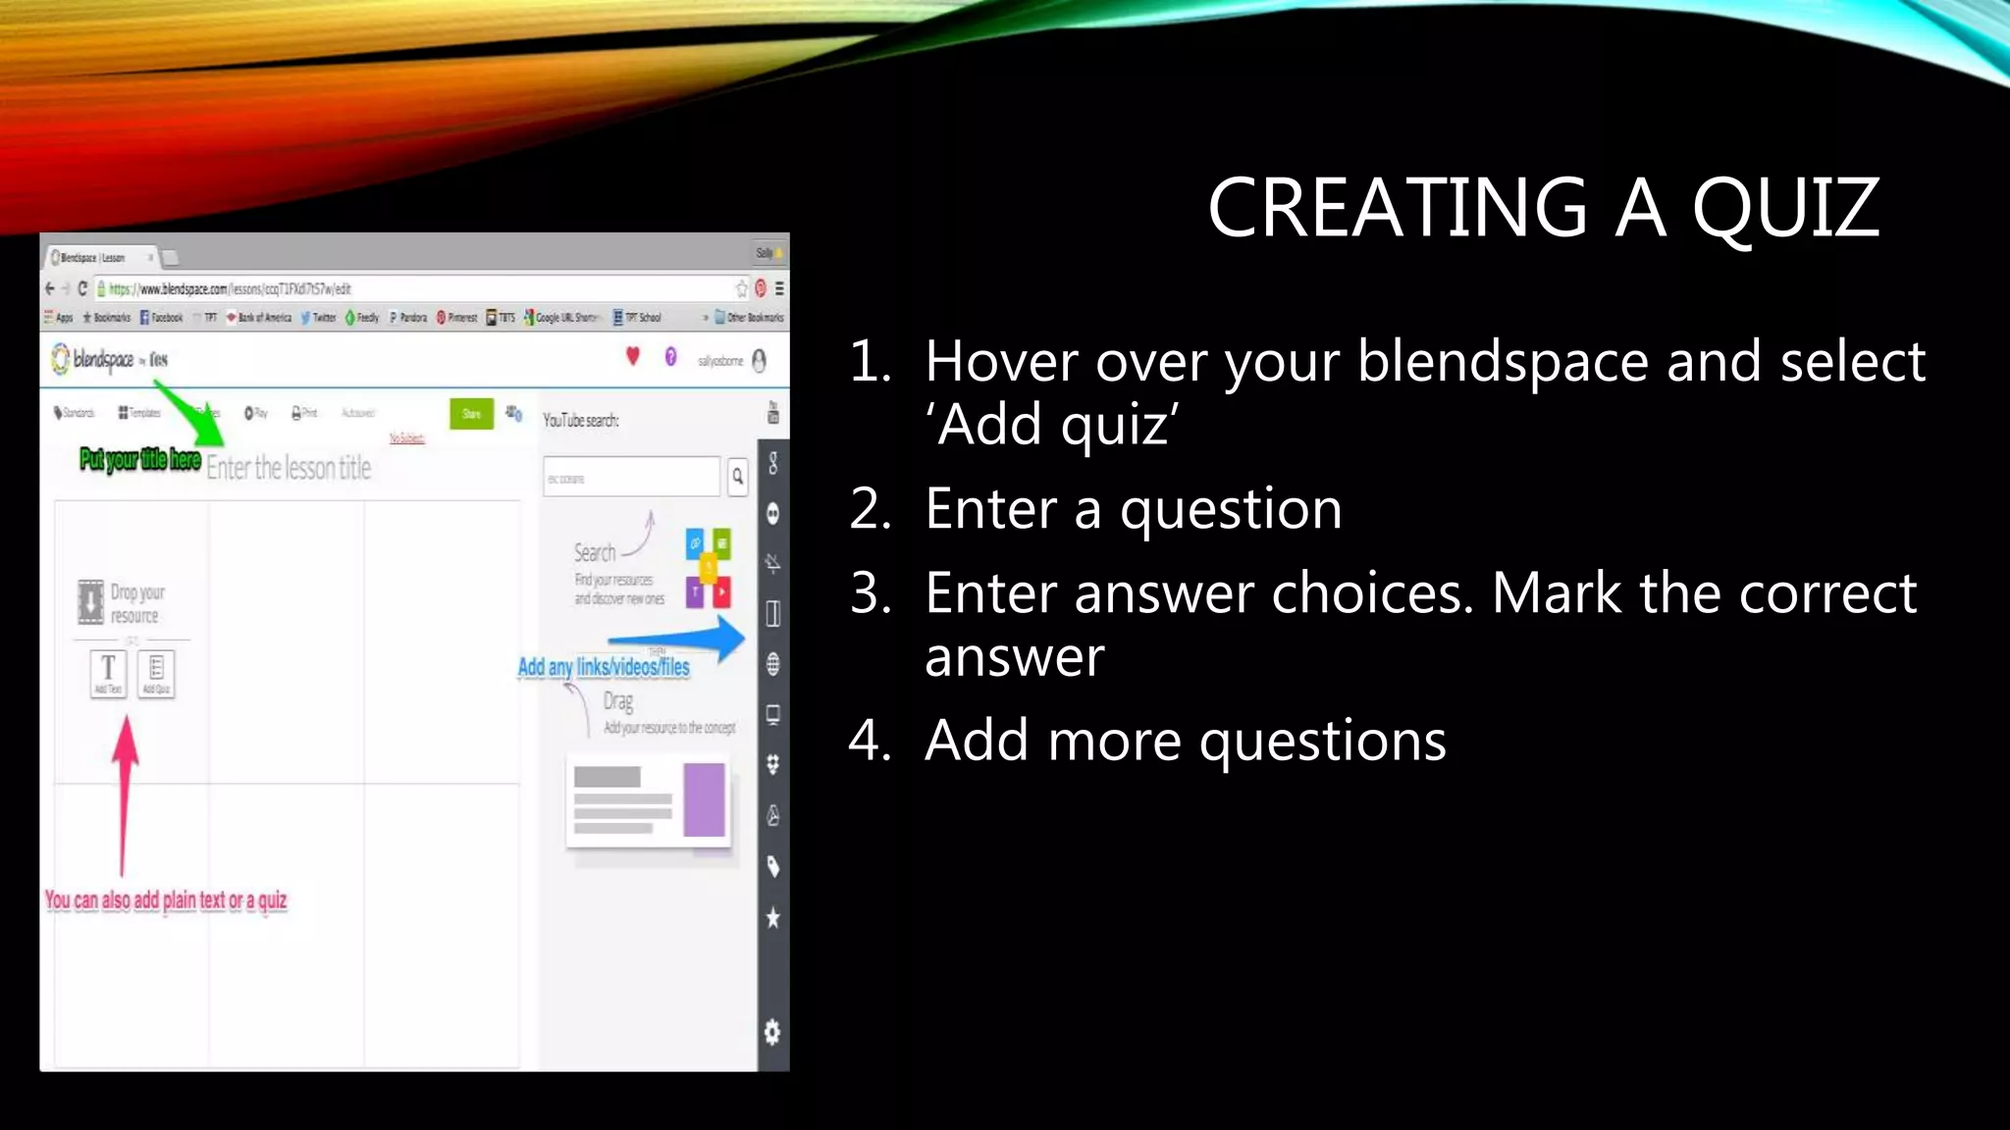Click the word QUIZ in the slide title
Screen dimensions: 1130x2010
tap(1785, 208)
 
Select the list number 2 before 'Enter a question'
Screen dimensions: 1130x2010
tap(869, 509)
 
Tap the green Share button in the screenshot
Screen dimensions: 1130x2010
tap(471, 413)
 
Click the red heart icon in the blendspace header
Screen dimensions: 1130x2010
tap(633, 357)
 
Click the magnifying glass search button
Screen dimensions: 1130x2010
tap(737, 477)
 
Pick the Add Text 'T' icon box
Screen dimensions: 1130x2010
tap(108, 673)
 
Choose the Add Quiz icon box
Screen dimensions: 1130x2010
tap(157, 673)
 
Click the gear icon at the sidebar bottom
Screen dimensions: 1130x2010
tap(772, 1032)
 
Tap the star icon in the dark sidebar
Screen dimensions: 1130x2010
tap(772, 918)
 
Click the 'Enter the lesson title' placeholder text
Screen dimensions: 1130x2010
tap(289, 468)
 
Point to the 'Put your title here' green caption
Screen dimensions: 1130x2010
tap(140, 459)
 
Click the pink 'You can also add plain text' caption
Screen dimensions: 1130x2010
tap(166, 900)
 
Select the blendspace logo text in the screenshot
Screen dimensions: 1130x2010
tap(103, 360)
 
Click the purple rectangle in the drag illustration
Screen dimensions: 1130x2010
tap(704, 800)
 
